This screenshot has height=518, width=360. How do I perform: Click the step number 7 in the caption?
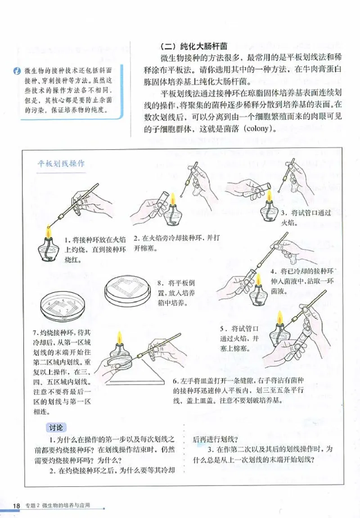[x=35, y=333]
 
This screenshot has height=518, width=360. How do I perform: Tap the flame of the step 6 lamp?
[x=120, y=337]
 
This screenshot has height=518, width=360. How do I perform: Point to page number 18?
[x=17, y=505]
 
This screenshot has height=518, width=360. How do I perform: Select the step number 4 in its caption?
[x=273, y=272]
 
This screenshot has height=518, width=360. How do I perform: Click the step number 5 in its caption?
[x=222, y=328]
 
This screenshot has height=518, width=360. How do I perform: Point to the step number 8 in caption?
[x=160, y=283]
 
